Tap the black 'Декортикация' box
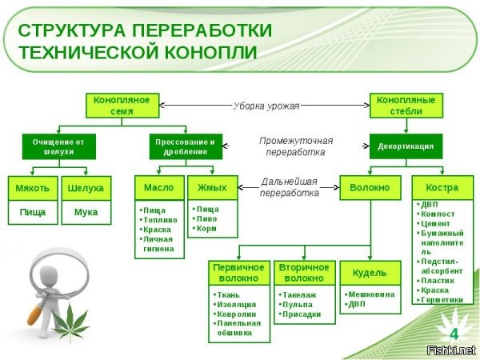pyautogui.click(x=406, y=146)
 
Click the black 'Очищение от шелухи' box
pyautogui.click(x=59, y=146)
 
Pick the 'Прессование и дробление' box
pyautogui.click(x=185, y=146)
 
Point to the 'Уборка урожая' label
pyautogui.click(x=266, y=105)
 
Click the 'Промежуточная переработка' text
pyautogui.click(x=295, y=146)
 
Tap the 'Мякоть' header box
pyautogui.click(x=33, y=188)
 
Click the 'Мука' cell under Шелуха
pyautogui.click(x=86, y=213)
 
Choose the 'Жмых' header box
pyautogui.click(x=212, y=188)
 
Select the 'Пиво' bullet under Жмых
pyautogui.click(x=209, y=218)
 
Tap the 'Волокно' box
pyautogui.click(x=370, y=188)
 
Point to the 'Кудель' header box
pyautogui.click(x=370, y=273)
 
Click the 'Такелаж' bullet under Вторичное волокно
pyautogui.click(x=299, y=294)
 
